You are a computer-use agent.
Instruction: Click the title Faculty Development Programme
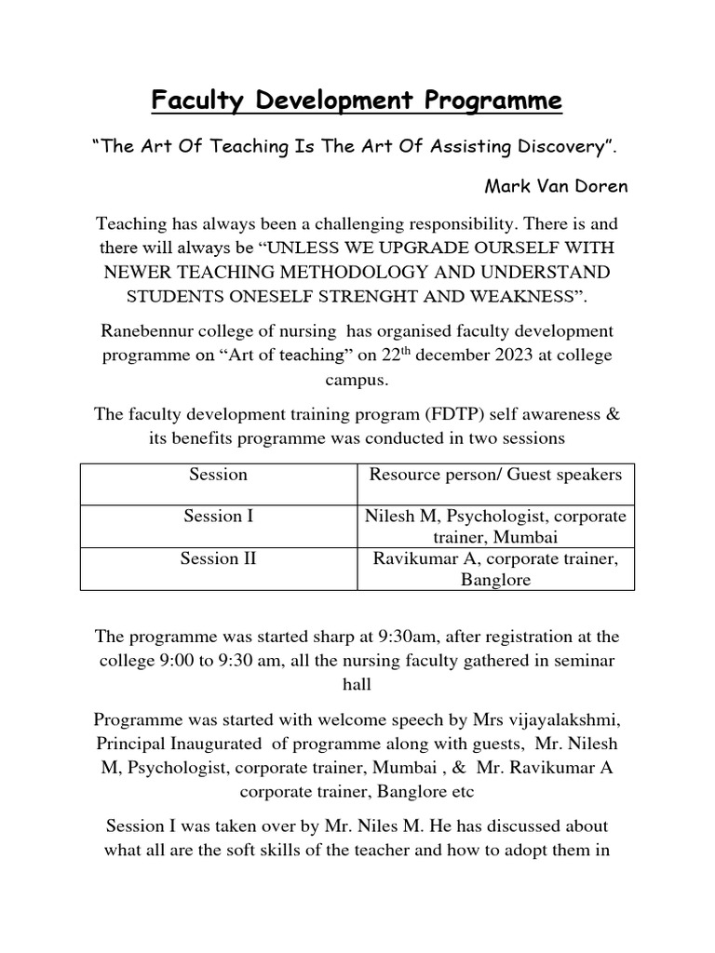[x=357, y=101]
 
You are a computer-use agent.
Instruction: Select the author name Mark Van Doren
[x=556, y=186]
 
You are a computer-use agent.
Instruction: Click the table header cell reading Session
[x=219, y=475]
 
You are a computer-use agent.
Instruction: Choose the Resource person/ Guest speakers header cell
[x=495, y=475]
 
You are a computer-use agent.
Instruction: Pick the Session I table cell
[x=219, y=517]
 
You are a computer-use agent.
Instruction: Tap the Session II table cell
[x=219, y=558]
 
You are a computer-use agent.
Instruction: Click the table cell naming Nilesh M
[x=495, y=527]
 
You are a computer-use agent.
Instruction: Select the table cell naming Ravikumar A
[x=495, y=569]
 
